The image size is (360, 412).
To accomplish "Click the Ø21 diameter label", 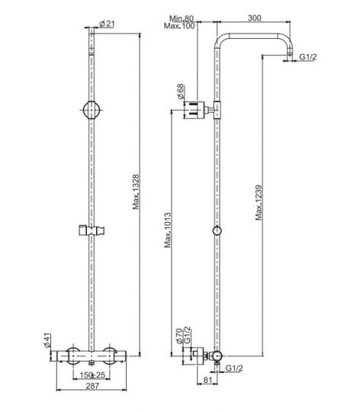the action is click(107, 24).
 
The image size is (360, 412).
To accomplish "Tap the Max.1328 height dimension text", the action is click(136, 192).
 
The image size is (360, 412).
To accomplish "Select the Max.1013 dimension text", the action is click(168, 230).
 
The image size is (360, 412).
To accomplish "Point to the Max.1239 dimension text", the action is click(259, 203).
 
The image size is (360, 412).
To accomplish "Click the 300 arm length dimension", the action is click(255, 18).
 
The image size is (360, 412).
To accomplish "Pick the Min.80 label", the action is click(182, 18).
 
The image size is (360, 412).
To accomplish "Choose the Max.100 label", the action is click(179, 26).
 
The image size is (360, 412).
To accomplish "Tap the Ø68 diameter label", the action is click(181, 92).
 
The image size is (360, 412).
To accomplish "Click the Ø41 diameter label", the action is click(47, 340).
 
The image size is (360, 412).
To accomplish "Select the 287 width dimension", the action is click(93, 386).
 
